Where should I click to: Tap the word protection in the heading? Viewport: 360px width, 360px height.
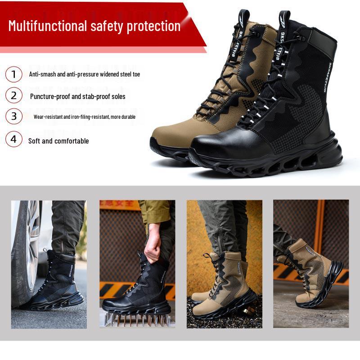pos(153,26)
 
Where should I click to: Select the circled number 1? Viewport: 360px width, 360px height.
pos(13,74)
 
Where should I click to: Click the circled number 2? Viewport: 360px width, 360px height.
pos(13,95)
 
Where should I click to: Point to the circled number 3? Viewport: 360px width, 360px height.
pos(13,116)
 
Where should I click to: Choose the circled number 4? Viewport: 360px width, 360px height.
pos(13,139)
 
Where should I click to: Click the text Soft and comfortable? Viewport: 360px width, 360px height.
pos(58,141)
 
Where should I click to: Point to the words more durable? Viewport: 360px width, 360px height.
pos(123,117)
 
